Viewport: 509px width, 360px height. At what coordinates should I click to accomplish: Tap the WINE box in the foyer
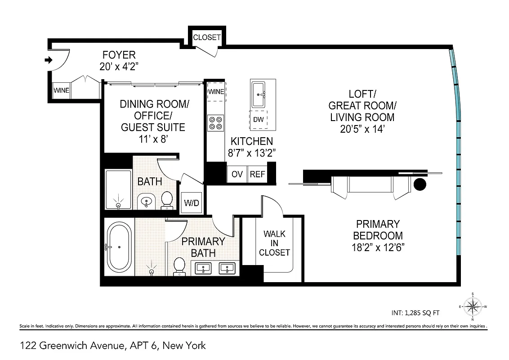pos(61,90)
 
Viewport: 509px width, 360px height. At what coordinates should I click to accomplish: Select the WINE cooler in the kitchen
pos(216,92)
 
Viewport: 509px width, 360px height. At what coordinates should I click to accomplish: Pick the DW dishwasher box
pos(259,120)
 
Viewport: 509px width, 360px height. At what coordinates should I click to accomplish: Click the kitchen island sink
pos(259,94)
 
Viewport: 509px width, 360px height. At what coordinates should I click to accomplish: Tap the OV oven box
pos(237,175)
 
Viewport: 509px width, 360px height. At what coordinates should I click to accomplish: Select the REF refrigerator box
pos(258,175)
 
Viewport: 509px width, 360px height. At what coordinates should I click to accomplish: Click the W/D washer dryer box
pos(192,203)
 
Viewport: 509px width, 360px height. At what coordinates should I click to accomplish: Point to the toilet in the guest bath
pos(167,201)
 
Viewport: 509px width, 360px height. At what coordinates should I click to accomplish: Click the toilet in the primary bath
pos(180,265)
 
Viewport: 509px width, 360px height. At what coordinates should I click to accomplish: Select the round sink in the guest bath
pos(146,202)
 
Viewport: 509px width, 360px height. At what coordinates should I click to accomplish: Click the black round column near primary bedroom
pos(420,184)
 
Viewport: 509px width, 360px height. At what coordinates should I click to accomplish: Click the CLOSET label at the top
pos(207,37)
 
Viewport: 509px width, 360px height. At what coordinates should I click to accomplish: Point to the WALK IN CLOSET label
pos(274,243)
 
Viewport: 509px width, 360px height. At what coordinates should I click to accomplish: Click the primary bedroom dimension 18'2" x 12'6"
pos(378,247)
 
